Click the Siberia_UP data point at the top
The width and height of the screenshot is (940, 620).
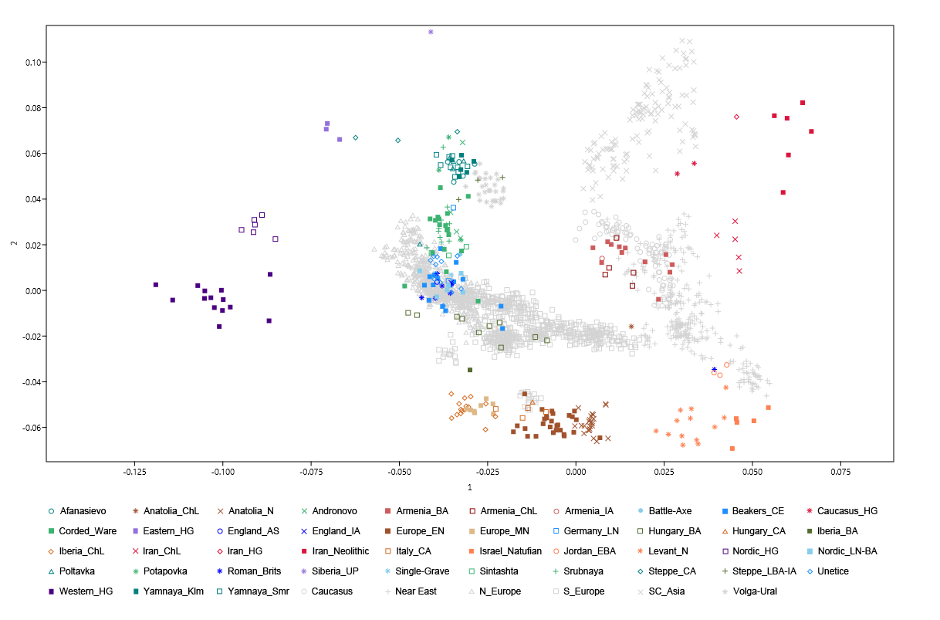431,32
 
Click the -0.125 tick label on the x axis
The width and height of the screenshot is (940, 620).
135,470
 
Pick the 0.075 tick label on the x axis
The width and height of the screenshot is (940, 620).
840,470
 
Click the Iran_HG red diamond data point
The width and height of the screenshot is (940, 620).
736,117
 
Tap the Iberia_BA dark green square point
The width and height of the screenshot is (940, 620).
469,370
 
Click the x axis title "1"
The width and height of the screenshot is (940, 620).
469,488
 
